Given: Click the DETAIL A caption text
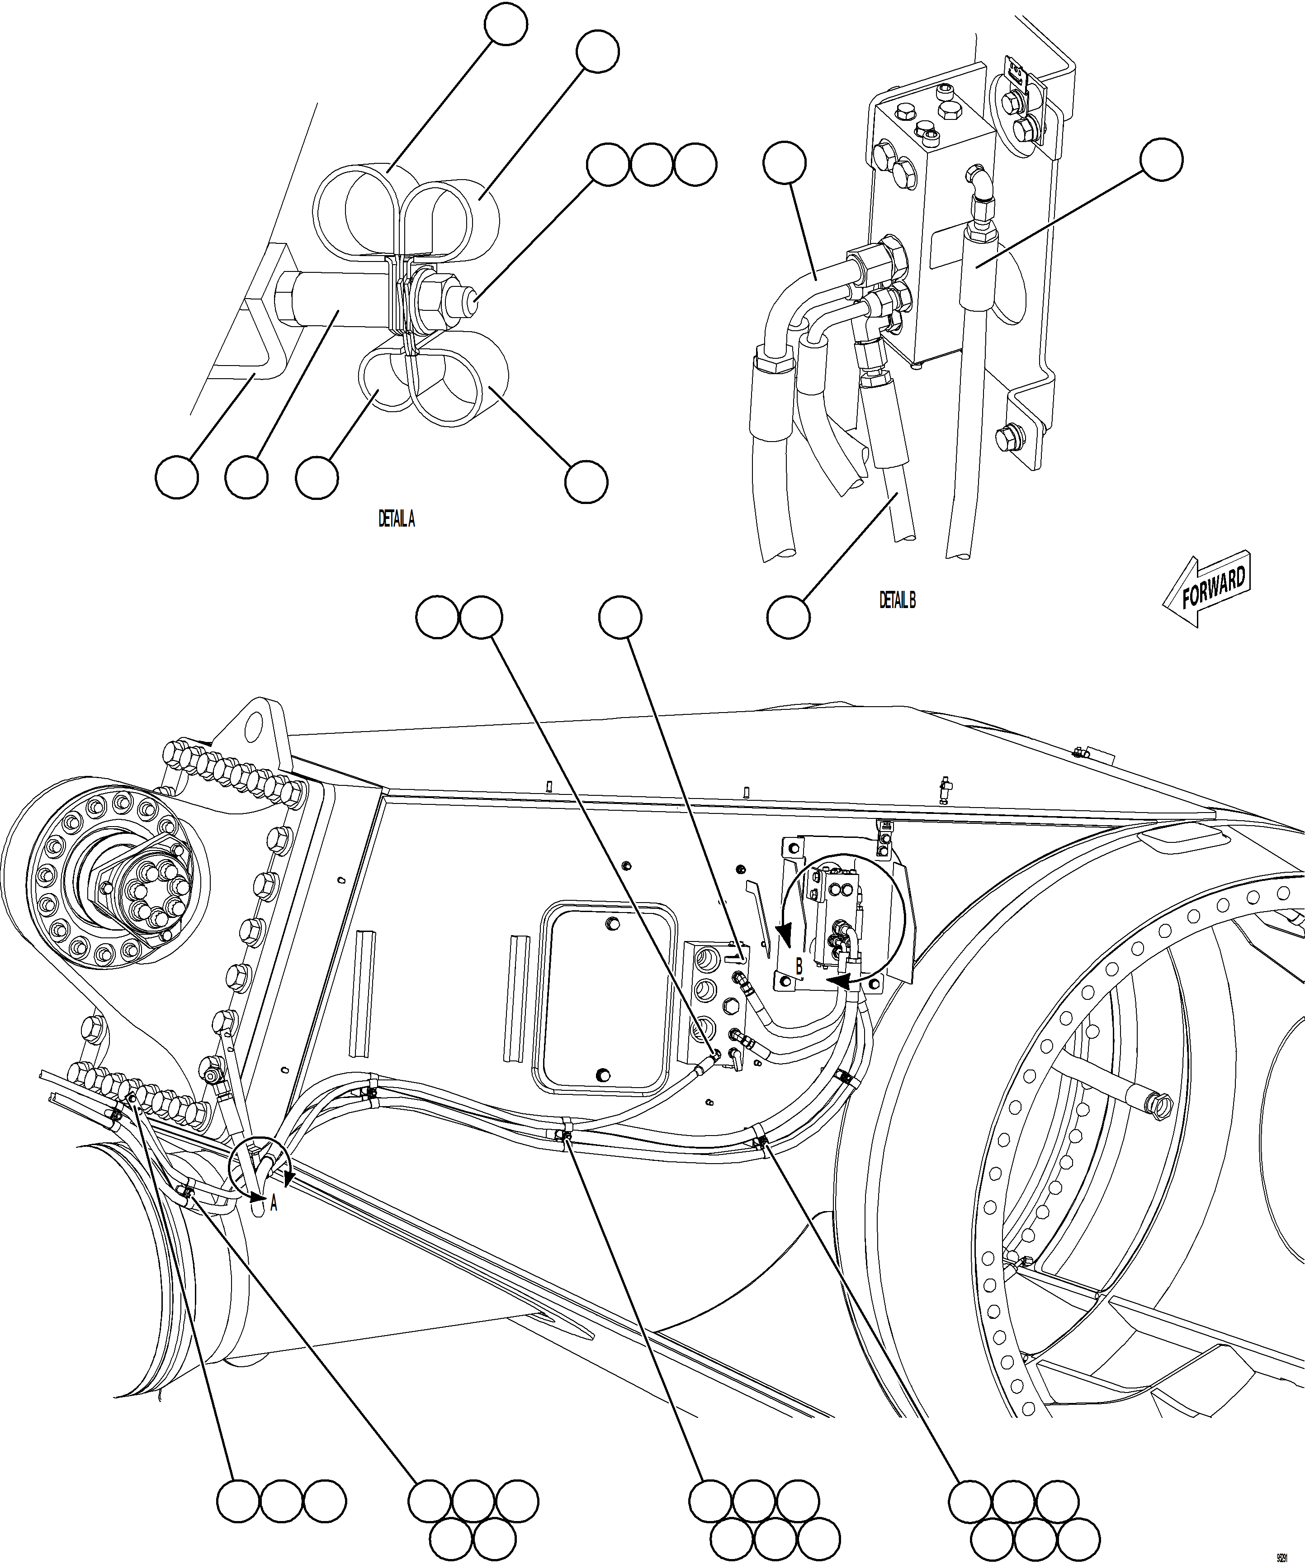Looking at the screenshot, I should [396, 519].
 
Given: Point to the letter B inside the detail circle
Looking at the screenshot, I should [799, 967].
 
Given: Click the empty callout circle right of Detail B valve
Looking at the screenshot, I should [1161, 159].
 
